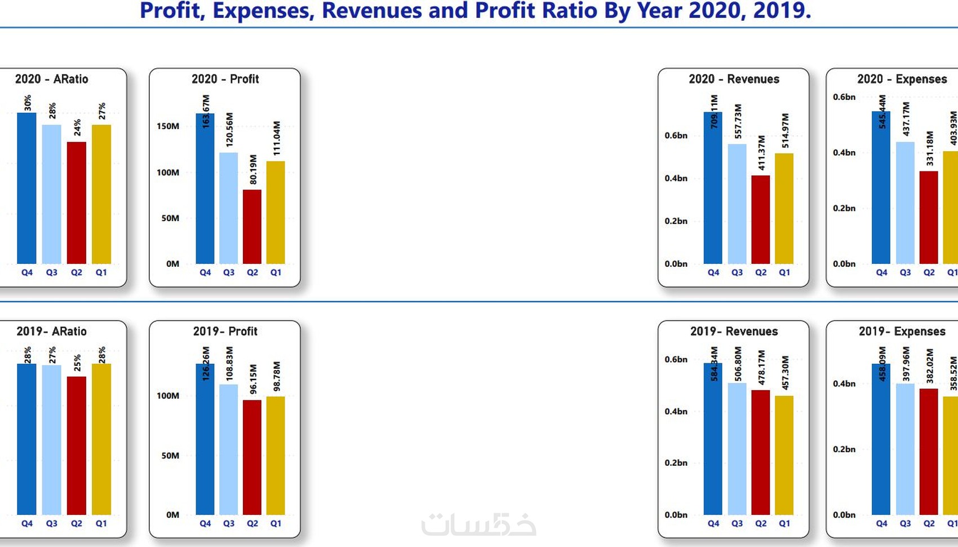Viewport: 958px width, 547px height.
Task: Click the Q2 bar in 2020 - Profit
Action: click(252, 227)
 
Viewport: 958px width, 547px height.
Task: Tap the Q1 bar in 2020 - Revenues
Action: click(784, 209)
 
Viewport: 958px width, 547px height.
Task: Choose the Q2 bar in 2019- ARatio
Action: click(77, 445)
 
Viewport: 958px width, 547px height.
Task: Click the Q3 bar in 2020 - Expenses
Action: click(905, 203)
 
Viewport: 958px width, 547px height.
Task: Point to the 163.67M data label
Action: click(206, 111)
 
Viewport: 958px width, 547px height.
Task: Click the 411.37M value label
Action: click(761, 153)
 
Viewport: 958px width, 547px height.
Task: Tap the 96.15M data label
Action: click(254, 379)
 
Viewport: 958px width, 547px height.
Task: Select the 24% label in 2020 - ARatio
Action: click(77, 127)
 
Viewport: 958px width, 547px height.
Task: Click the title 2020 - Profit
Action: click(225, 79)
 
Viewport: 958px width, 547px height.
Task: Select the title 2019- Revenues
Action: click(734, 331)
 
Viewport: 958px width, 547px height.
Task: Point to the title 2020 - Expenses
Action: click(902, 79)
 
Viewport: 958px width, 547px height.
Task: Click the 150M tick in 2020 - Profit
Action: click(168, 126)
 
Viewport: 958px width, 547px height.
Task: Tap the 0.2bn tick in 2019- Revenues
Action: click(676, 462)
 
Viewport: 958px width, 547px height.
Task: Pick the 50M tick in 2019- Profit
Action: click(170, 455)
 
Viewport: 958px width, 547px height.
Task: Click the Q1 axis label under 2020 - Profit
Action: click(276, 272)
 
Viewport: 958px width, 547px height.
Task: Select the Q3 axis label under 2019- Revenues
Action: click(737, 523)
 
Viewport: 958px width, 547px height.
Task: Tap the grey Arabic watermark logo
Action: click(478, 524)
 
